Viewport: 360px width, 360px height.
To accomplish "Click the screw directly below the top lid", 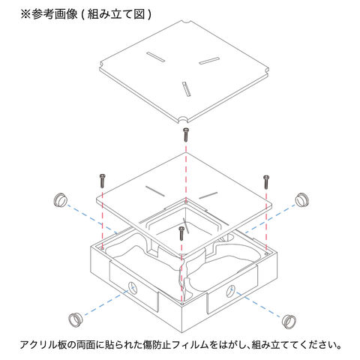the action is point(185,134).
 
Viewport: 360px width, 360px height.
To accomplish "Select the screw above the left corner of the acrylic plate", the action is point(102,181).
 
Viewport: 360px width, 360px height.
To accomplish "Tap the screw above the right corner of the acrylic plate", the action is point(266,181).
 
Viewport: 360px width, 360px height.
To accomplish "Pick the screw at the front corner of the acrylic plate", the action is point(181,233).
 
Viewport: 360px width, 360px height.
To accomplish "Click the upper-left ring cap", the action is point(61,199).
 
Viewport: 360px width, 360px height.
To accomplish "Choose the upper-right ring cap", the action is point(302,199).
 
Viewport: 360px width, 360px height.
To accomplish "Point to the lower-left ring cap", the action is point(76,319).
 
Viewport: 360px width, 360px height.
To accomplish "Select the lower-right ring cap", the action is point(289,321).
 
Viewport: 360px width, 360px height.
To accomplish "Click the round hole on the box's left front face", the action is point(133,288).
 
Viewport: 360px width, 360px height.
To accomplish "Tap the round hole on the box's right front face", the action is point(231,292).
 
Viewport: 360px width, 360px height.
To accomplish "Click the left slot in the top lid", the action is point(155,57).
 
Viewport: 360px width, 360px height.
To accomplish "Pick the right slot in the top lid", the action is point(209,61).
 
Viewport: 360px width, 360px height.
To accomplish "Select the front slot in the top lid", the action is point(187,88).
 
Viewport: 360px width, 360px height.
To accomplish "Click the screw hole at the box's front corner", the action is point(182,304).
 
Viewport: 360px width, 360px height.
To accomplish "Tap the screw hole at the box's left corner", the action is point(102,248).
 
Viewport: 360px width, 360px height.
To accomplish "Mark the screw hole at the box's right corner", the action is point(266,253).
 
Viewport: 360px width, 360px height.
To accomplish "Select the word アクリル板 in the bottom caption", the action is point(43,345).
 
